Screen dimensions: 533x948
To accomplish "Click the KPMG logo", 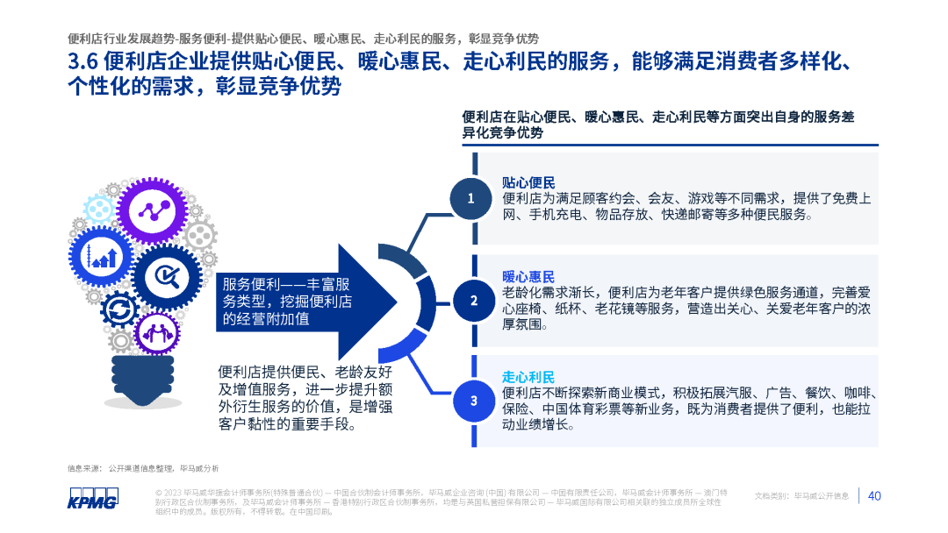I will [92, 497].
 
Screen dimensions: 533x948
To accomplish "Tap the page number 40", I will [874, 496].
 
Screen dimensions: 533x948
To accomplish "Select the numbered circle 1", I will [470, 198].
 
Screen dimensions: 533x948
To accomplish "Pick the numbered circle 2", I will [473, 301].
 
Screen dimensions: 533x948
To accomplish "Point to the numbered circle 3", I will [473, 401].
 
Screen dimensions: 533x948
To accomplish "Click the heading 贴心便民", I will [528, 182].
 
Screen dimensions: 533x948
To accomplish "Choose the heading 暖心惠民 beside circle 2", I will [528, 276].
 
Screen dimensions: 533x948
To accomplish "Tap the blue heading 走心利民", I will [528, 378].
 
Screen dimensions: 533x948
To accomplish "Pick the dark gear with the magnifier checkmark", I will [167, 278].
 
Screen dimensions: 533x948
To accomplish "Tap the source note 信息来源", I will [84, 468].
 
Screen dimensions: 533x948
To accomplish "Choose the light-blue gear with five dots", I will [200, 234].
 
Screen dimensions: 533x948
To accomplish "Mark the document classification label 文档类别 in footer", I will [773, 496].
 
